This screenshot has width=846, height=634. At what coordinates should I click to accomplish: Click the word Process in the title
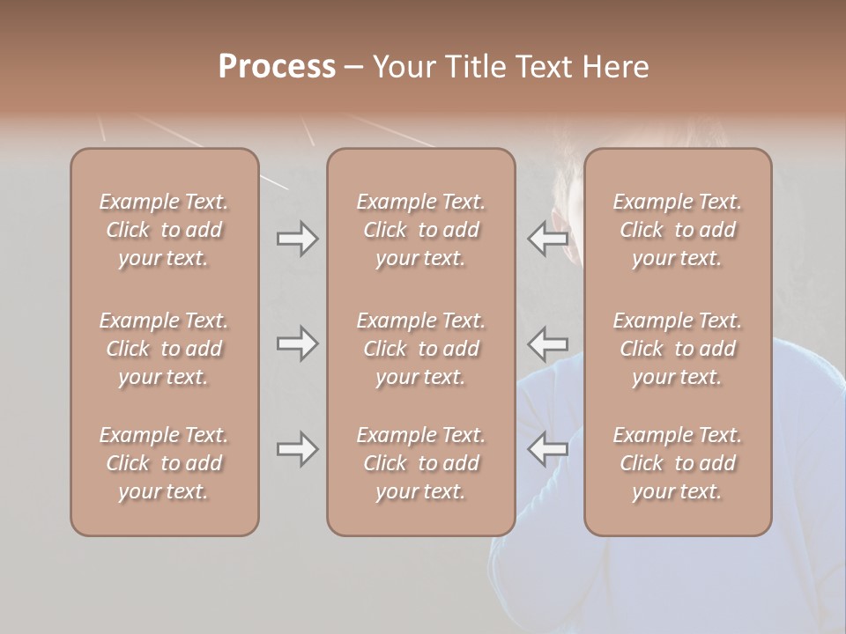[277, 67]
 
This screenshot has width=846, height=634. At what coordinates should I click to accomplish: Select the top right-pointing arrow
[297, 239]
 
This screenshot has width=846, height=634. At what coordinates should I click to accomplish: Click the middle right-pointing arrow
[297, 343]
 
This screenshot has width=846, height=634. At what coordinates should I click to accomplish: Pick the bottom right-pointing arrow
[297, 449]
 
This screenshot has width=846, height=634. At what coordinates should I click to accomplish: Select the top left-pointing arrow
[547, 239]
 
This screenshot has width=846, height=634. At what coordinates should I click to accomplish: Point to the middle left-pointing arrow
[547, 343]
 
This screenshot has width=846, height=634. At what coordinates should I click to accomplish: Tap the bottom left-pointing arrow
[547, 449]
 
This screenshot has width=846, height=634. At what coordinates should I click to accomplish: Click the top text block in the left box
[164, 230]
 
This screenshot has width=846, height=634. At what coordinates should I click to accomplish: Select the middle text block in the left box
[164, 349]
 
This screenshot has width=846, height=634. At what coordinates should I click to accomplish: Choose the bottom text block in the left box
[164, 463]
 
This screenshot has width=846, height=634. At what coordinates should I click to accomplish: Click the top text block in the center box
[420, 230]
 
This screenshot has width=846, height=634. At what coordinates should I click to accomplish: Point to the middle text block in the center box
[420, 349]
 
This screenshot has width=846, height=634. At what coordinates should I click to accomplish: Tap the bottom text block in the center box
[420, 463]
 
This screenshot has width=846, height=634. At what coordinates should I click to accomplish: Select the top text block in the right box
[677, 230]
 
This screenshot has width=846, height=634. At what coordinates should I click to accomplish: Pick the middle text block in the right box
[677, 349]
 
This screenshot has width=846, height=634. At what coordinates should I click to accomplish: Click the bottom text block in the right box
[677, 463]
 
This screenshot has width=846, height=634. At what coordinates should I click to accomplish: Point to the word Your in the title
[402, 67]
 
